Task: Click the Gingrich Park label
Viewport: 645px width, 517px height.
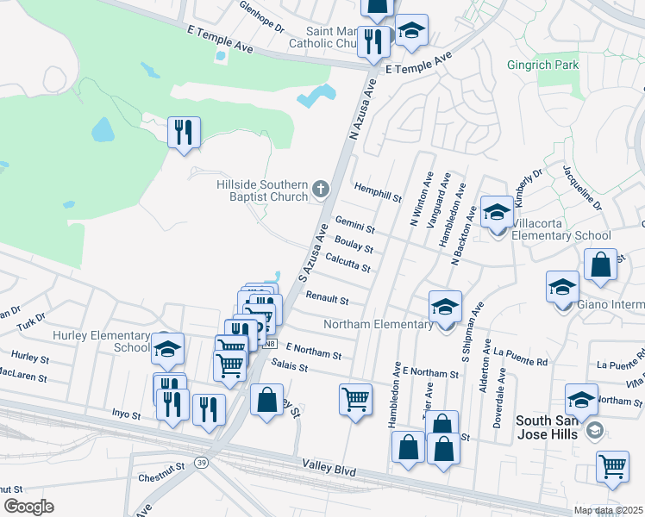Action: pos(567,65)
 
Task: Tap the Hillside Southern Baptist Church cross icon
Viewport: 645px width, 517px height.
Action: pos(321,189)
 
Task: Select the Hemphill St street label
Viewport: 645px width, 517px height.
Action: pos(379,191)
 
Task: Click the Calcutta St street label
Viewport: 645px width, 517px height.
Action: pos(348,262)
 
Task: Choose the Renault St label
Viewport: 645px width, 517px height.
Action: pos(327,298)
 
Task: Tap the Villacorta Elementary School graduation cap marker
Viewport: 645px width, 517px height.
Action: pos(497,213)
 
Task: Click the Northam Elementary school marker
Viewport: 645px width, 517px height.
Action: pos(445,306)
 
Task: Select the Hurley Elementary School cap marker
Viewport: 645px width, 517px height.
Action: pos(167,348)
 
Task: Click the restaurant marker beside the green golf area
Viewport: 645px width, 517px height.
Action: pos(184,132)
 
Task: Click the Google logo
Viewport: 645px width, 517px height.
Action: pos(28,506)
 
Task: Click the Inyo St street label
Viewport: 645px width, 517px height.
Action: pos(126,414)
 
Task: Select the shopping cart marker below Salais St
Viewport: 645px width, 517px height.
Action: pos(355,399)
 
